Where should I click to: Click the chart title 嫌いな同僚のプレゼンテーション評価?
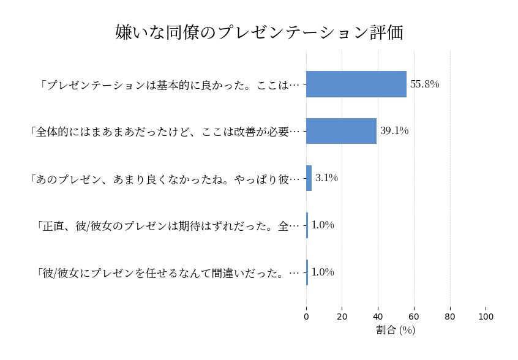259,32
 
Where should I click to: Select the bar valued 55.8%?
356,84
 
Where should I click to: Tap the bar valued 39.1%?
341,131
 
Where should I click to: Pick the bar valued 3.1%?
309,178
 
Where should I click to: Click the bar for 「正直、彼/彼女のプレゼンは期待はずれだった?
307,225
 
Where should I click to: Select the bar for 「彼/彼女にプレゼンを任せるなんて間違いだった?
307,272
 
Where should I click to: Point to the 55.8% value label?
425,84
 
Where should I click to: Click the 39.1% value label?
394,131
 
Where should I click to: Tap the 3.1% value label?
326,178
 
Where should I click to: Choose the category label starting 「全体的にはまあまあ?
165,132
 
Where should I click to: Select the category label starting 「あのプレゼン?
165,179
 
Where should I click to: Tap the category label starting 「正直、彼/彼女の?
168,226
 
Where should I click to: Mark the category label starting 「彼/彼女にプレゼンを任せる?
168,273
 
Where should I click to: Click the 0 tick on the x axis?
306,317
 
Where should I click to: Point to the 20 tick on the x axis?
342,317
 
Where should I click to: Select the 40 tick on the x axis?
378,317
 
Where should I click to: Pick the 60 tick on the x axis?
414,317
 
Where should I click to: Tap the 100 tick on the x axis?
486,317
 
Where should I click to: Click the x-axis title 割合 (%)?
396,331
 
